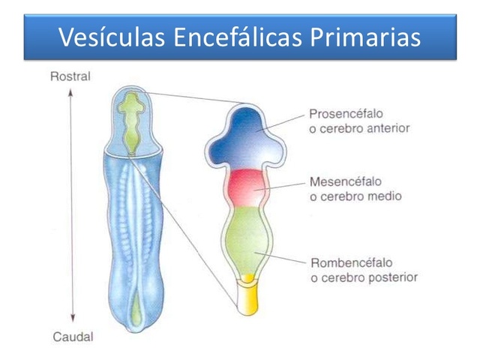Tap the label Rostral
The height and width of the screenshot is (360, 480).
(x=70, y=76)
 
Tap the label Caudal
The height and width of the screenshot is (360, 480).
(x=73, y=337)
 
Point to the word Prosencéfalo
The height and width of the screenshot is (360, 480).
(x=345, y=115)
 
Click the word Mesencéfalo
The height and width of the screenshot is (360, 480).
(x=344, y=181)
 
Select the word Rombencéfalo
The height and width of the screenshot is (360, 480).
(x=346, y=263)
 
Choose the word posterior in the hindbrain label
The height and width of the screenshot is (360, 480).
(x=391, y=277)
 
